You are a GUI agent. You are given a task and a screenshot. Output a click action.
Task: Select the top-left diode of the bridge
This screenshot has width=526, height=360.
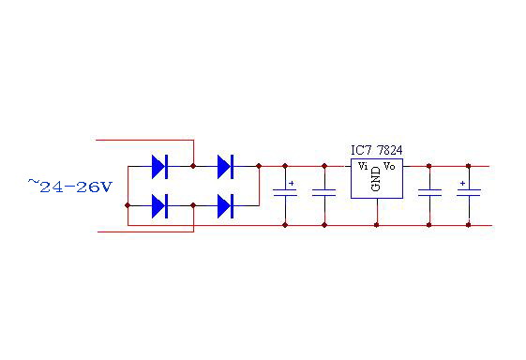click(158, 167)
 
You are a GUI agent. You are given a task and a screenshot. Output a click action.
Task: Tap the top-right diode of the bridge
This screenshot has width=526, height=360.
click(224, 167)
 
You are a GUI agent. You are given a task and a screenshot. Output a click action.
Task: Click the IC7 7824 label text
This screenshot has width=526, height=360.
click(376, 150)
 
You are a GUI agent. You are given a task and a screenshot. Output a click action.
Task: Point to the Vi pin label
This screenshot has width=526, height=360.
click(363, 166)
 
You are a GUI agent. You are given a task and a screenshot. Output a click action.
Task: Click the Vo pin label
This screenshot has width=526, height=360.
click(389, 166)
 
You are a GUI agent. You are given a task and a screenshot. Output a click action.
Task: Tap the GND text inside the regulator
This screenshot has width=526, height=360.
click(376, 179)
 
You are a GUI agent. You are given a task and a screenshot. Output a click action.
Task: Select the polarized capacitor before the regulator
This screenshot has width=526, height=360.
click(284, 193)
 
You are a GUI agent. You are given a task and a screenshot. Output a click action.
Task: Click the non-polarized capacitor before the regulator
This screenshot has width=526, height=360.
click(323, 193)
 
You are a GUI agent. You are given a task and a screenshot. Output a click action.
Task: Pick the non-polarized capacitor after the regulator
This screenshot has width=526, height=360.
click(428, 193)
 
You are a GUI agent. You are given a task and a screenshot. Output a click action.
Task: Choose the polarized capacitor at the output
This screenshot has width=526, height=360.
click(468, 193)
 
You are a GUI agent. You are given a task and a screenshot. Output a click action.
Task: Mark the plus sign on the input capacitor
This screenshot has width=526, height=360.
click(292, 184)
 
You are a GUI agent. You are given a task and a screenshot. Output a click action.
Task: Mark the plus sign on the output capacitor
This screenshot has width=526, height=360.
click(462, 184)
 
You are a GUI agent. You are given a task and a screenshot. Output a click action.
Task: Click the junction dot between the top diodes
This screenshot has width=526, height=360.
click(193, 167)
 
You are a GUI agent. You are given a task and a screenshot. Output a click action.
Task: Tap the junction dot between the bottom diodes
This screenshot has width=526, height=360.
click(193, 203)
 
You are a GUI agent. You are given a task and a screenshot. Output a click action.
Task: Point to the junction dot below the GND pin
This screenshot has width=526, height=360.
click(376, 225)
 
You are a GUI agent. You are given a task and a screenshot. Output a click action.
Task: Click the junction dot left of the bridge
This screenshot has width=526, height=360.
click(127, 203)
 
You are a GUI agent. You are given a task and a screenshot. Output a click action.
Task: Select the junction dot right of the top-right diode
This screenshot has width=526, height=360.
click(258, 167)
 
